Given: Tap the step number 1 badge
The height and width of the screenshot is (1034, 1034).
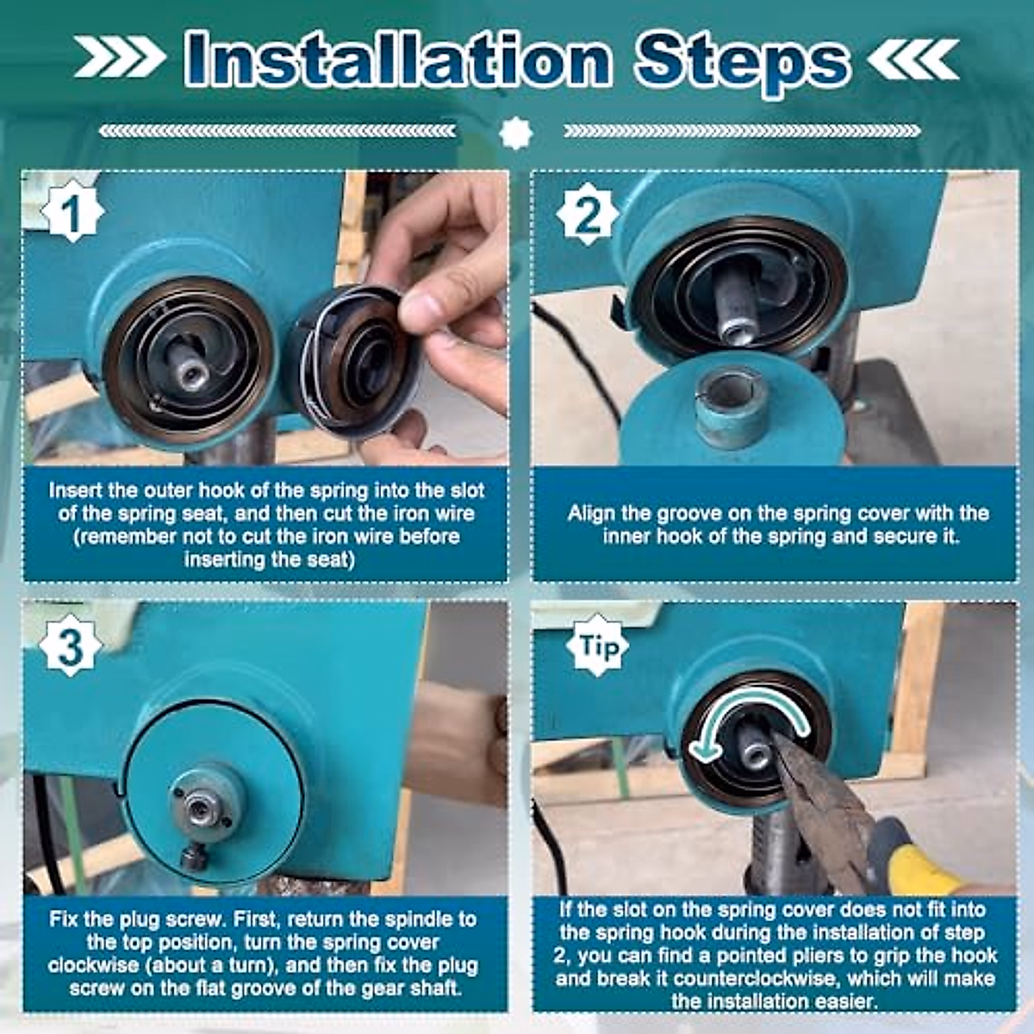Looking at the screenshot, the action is (x=72, y=213).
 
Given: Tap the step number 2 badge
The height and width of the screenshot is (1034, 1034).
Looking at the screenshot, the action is (x=587, y=214).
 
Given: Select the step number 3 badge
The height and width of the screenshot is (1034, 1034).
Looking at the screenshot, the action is (x=71, y=645).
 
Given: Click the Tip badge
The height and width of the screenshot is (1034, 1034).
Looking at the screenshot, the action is (x=597, y=646).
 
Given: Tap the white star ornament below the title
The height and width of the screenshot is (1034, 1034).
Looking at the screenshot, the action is (x=515, y=132).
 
